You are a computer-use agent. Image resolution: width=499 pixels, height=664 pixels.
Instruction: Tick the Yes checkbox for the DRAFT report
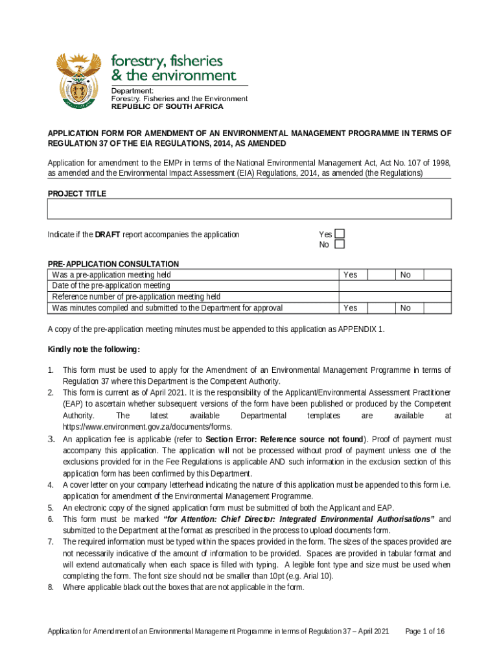pos(339,234)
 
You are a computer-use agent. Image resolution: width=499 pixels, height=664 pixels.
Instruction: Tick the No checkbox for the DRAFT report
pos(339,244)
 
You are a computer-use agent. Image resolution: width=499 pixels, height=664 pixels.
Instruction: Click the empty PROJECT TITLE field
pos(249,209)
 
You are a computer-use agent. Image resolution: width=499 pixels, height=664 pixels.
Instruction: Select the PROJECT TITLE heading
pos(77,193)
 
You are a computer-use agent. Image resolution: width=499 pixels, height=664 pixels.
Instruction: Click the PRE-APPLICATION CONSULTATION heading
pos(113,264)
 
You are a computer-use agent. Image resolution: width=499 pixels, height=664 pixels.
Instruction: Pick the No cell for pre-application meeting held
pos(405,275)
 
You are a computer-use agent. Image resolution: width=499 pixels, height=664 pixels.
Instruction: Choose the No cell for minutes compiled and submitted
pos(405,308)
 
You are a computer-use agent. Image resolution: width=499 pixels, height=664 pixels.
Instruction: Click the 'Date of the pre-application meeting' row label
pos(111,286)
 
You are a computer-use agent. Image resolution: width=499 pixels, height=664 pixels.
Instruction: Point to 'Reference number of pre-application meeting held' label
pos(136,297)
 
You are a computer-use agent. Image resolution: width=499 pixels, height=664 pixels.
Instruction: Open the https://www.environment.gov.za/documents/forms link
pos(146,427)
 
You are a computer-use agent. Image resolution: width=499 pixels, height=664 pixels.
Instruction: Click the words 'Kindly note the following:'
pos(93,350)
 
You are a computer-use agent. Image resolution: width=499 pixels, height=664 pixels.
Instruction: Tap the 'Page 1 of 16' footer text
pos(424,631)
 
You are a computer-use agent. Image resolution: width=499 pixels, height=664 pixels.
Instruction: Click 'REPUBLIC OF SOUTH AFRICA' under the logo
pos(168,106)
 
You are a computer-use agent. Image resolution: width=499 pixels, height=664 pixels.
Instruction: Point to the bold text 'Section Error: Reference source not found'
pos(284,439)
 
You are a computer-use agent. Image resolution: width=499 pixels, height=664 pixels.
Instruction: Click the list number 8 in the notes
pos(51,587)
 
